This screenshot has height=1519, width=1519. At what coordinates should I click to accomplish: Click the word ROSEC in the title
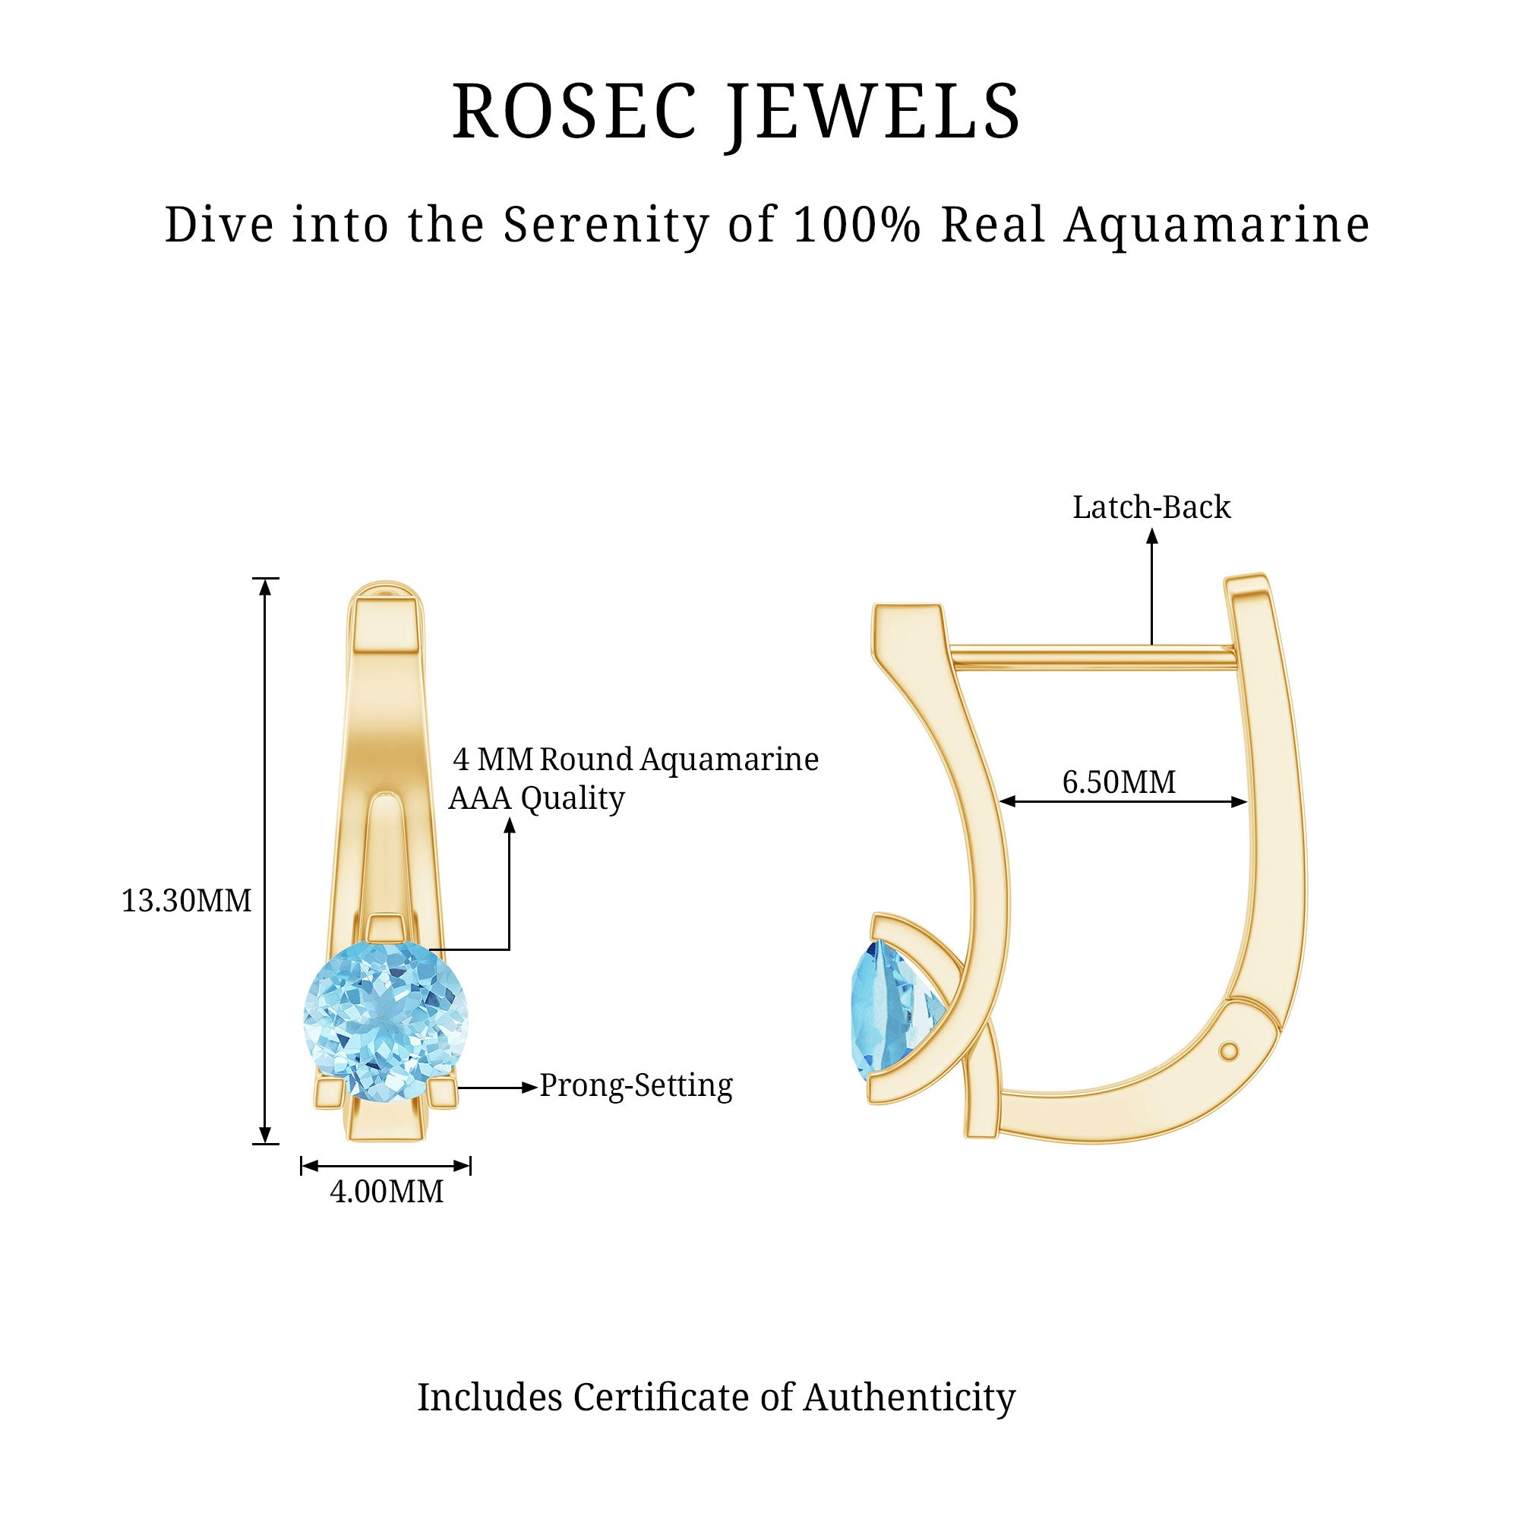[x=575, y=112]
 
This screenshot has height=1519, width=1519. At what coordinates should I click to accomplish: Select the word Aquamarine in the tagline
[x=1217, y=225]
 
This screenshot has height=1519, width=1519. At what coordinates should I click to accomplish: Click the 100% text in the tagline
[x=857, y=225]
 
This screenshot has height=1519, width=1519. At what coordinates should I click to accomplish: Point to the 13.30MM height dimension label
[x=186, y=901]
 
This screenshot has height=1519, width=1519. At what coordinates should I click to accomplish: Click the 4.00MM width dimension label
[x=386, y=1192]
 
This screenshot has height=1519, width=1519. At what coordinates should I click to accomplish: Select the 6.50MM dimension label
[x=1119, y=782]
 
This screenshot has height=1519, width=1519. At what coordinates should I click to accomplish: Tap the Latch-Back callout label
[x=1151, y=508]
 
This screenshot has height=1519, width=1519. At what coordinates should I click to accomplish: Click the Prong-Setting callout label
[x=636, y=1086]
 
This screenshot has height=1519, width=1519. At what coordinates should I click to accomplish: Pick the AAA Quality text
[x=536, y=799]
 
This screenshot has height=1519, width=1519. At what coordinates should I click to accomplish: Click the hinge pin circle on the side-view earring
[x=1229, y=1051]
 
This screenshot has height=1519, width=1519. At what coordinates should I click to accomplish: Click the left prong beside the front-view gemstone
[x=329, y=1093]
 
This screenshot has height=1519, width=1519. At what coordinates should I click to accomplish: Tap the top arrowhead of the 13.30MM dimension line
[x=266, y=587]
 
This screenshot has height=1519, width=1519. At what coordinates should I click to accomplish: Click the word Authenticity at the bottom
[x=909, y=1398]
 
